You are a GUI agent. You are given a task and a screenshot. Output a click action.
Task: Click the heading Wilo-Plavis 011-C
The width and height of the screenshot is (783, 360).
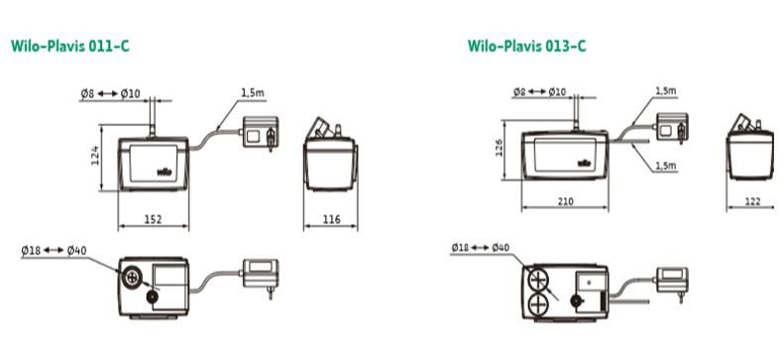(x=70, y=46)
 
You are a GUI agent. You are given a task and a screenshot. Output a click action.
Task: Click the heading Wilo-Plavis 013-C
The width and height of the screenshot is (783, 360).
(x=527, y=46)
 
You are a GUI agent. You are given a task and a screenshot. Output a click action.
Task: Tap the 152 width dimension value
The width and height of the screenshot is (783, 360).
(x=153, y=219)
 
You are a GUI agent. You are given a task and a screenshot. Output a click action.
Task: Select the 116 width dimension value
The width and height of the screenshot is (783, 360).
(x=331, y=219)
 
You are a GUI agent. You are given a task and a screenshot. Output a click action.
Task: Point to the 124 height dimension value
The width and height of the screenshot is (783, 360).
(x=95, y=156)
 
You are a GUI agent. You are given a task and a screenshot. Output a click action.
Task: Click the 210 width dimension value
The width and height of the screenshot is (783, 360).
(x=565, y=201)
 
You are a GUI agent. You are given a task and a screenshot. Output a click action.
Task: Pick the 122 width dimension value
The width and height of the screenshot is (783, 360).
(x=752, y=201)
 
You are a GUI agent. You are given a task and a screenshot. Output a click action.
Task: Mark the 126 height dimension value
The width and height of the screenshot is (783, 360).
(x=499, y=148)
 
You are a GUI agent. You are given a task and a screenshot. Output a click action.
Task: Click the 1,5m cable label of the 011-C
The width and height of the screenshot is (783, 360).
(x=253, y=92)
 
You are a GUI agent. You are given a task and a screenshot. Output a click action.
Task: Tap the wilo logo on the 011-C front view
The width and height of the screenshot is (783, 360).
(x=165, y=173)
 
